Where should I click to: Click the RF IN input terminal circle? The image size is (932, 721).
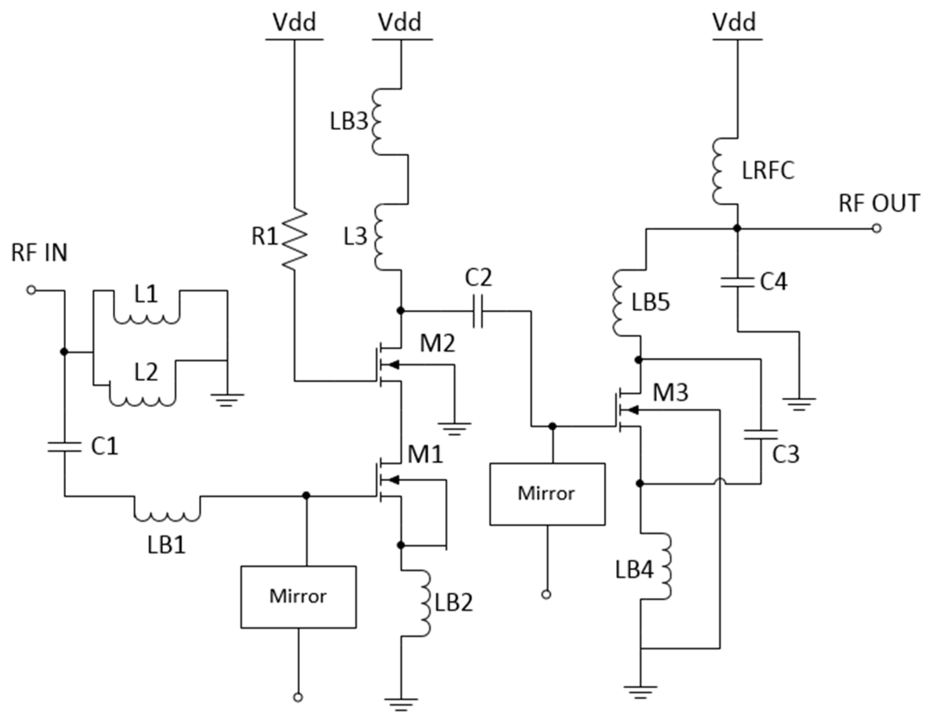(31, 290)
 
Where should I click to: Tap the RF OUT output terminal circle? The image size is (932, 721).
(877, 228)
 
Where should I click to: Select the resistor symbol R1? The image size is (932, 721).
(294, 239)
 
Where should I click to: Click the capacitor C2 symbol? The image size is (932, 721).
(478, 311)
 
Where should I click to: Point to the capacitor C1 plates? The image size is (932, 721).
(64, 447)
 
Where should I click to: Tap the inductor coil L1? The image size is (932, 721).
(146, 318)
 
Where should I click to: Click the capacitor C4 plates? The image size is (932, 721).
(737, 282)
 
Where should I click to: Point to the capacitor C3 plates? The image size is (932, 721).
(760, 435)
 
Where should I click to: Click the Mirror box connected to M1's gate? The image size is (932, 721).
(298, 597)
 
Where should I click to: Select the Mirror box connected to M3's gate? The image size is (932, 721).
(547, 494)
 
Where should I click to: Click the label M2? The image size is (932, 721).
(438, 343)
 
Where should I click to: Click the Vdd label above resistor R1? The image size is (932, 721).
(294, 22)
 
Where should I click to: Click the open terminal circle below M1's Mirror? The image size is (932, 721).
(298, 698)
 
